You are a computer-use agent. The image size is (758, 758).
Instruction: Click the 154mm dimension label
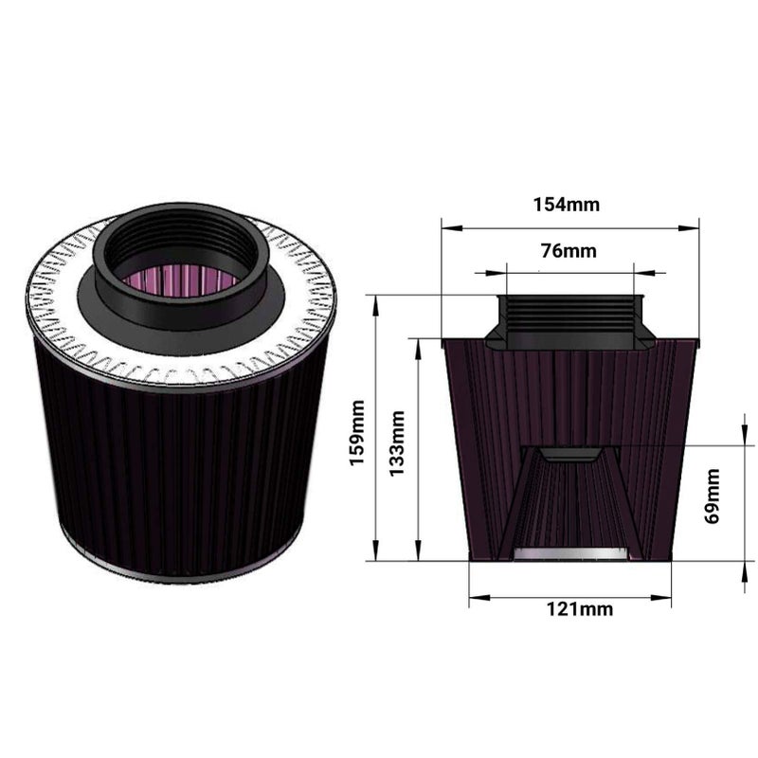(566, 205)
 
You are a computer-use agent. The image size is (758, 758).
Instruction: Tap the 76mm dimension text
(568, 251)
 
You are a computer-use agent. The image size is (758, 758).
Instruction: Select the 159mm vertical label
(357, 433)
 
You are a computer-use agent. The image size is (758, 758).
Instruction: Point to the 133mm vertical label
(397, 443)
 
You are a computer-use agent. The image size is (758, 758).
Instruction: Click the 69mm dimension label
(713, 496)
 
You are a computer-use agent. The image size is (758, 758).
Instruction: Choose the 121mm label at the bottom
(580, 609)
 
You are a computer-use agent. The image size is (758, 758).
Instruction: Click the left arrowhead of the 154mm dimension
(453, 227)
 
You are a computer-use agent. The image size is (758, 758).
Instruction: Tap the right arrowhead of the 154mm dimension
(689, 227)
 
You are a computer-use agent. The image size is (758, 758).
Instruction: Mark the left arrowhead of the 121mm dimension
(479, 598)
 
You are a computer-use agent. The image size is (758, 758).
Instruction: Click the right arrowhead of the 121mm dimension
(660, 598)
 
